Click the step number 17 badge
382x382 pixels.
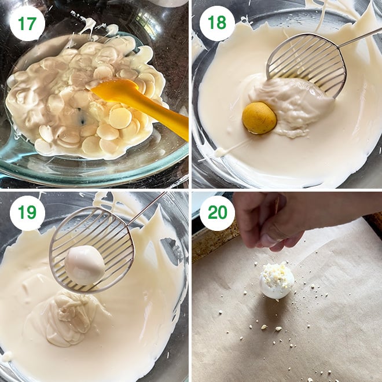[27, 23]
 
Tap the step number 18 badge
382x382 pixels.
[217, 23]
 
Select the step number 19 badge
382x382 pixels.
[27, 212]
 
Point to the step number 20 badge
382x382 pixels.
[217, 212]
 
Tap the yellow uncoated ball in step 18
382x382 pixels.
[259, 118]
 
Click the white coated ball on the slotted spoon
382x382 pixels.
[85, 265]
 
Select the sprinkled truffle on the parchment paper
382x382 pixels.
[277, 281]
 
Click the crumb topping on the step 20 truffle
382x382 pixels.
[275, 271]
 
